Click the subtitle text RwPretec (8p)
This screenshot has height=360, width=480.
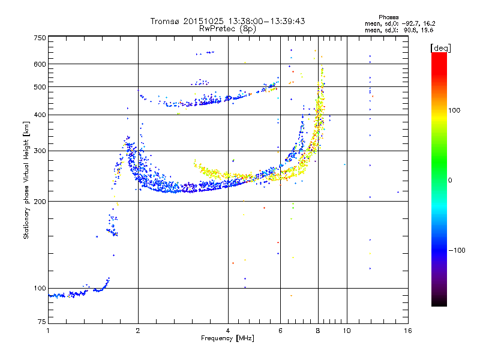point(227,29)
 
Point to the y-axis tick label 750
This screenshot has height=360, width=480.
point(40,38)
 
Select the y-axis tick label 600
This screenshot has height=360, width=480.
point(40,64)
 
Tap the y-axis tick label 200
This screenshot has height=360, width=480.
point(40,202)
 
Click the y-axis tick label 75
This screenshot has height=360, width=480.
point(42,322)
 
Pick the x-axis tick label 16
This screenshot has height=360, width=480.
point(408,331)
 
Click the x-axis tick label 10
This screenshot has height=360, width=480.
point(347,331)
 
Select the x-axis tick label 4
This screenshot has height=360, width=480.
point(228,331)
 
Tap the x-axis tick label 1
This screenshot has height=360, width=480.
point(48,331)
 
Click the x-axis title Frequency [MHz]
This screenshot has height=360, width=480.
point(227,338)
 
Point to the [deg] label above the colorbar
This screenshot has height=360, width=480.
point(440,48)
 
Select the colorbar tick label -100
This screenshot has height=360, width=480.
point(457,250)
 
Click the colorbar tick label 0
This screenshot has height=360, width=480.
point(450,181)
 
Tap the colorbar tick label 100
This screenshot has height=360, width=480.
point(454,110)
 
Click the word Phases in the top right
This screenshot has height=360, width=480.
point(388,17)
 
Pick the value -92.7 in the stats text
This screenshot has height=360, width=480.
point(410,24)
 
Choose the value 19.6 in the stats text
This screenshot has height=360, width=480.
point(427,31)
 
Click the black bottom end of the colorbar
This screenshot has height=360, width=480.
point(439,303)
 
